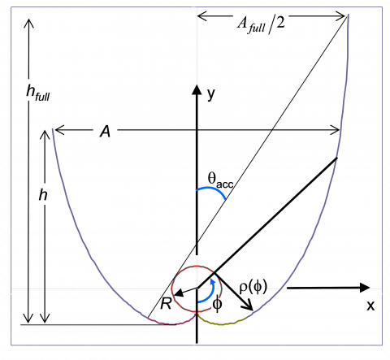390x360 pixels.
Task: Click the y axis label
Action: pos(211,94)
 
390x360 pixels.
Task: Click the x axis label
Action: pos(370,306)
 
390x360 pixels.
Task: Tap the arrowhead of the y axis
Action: pos(196,87)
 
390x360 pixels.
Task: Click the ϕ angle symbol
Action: pos(217,304)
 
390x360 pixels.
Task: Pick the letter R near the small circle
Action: pos(165,304)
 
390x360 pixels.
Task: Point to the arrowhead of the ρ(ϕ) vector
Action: pos(249,309)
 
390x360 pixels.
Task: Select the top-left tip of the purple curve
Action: pos(53,129)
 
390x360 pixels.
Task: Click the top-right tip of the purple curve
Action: pos(348,16)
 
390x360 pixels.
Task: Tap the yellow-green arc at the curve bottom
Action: pos(221,323)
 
